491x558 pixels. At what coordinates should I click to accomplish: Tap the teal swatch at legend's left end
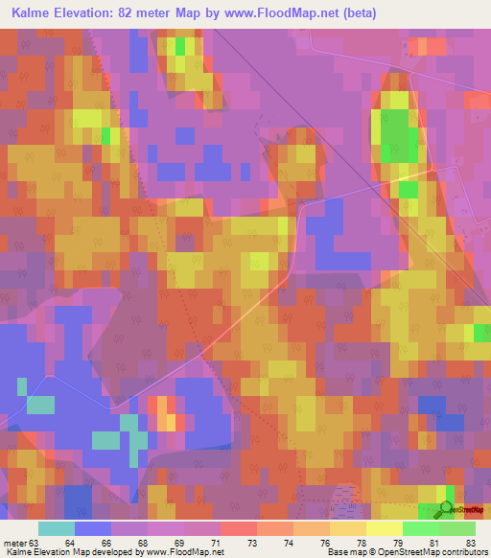pyautogui.click(x=56, y=528)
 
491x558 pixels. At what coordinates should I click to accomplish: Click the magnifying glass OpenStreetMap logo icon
pyautogui.click(x=446, y=508)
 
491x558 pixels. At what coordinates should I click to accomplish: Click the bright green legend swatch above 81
pyautogui.click(x=421, y=528)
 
